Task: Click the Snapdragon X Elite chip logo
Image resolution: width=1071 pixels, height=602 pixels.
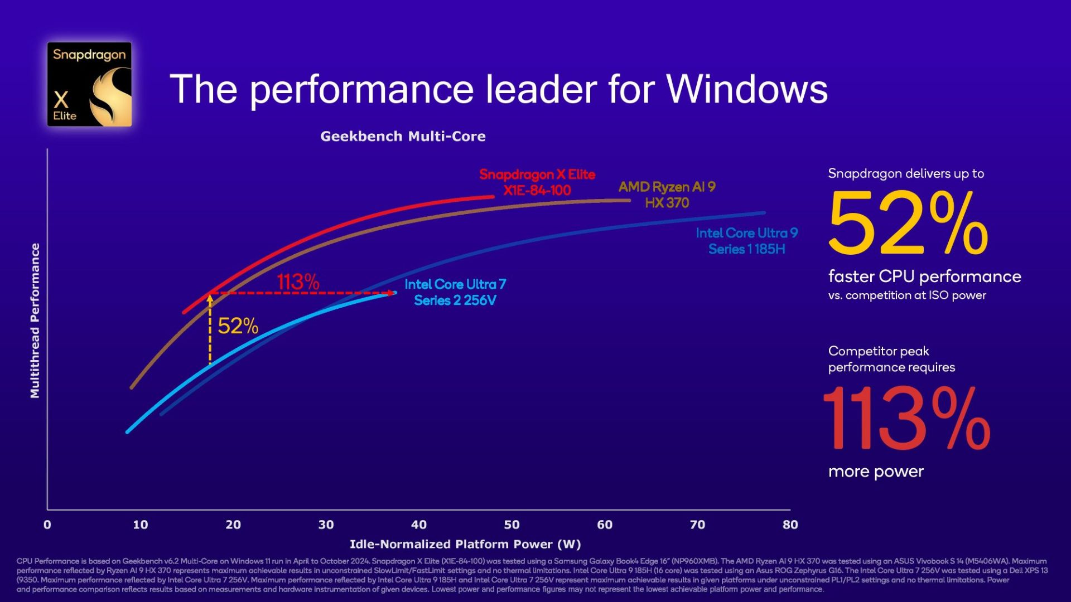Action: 89,84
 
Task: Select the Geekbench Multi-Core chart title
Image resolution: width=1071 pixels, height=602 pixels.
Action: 403,137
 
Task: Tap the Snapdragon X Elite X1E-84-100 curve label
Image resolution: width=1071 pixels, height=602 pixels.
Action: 537,182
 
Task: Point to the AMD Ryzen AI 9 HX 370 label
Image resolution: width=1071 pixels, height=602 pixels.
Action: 667,195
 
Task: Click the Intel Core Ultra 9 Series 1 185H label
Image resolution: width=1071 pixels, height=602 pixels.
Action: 746,241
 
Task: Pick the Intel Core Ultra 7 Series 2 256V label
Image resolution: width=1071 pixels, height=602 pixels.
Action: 455,292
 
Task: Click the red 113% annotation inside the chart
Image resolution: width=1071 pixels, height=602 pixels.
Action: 298,282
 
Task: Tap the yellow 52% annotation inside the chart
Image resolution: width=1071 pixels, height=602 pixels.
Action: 238,326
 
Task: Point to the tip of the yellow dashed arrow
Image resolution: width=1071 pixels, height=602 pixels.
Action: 210,297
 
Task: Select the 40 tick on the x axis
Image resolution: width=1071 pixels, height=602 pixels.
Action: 419,525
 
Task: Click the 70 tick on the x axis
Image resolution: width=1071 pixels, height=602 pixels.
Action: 697,525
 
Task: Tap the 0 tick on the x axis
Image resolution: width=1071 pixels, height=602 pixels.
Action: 47,525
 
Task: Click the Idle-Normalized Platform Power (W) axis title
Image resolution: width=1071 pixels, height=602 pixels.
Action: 465,544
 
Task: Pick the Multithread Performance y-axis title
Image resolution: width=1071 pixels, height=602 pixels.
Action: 35,321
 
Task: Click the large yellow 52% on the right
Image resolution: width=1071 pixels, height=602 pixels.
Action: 908,223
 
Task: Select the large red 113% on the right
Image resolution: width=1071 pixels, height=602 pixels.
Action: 906,419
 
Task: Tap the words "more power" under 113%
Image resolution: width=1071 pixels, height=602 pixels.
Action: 876,472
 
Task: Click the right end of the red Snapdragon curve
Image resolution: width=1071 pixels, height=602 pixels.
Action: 493,196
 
